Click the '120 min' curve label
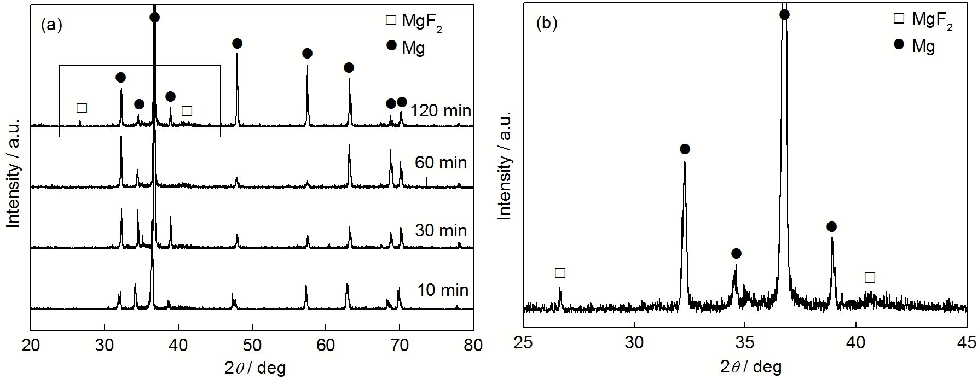[x=441, y=111]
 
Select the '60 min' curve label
[x=441, y=162]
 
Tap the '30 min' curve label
[x=441, y=230]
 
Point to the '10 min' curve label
[x=443, y=290]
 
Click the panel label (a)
[x=52, y=25]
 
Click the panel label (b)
[x=547, y=24]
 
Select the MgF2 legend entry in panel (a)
[x=414, y=22]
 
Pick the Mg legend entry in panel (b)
[x=916, y=46]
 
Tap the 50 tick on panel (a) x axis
[x=252, y=345]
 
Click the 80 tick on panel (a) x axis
[x=473, y=345]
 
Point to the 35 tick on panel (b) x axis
[x=745, y=342]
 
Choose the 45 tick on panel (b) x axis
[x=967, y=342]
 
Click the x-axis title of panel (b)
[x=751, y=366]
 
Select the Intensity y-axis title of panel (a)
[x=14, y=172]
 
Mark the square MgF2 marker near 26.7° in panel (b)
[x=560, y=273]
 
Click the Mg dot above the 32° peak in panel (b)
[x=685, y=149]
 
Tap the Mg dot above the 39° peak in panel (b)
[x=831, y=226]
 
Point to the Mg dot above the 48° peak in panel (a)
[x=237, y=43]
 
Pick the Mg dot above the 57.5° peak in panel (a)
[x=307, y=53]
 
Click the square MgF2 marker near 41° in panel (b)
[x=870, y=277]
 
